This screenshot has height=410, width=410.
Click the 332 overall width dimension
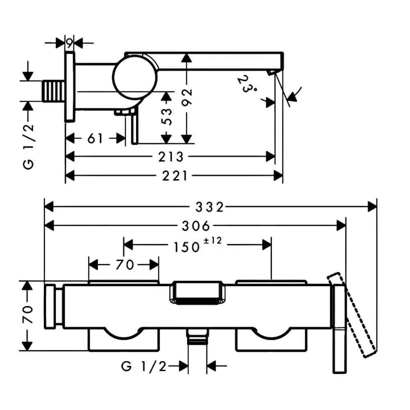click(210, 207)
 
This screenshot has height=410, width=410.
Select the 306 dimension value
click(196, 226)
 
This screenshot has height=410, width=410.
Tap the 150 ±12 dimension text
click(198, 245)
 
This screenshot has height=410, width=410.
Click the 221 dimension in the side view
click(175, 176)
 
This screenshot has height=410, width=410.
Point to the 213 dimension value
click(171, 157)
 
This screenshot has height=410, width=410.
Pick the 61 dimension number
click(95, 138)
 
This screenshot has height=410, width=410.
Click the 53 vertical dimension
click(167, 116)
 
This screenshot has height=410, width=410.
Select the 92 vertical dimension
click(187, 97)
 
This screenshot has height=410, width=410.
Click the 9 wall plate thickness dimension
click(69, 43)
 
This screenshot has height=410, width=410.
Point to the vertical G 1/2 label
click(29, 146)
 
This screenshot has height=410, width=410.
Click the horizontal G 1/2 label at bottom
click(143, 366)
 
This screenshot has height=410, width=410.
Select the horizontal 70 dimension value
click(125, 265)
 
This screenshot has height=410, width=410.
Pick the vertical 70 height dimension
click(28, 314)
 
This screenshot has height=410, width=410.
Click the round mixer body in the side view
click(134, 77)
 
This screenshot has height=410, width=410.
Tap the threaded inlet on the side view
click(53, 91)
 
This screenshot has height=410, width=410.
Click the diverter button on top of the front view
click(198, 293)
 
